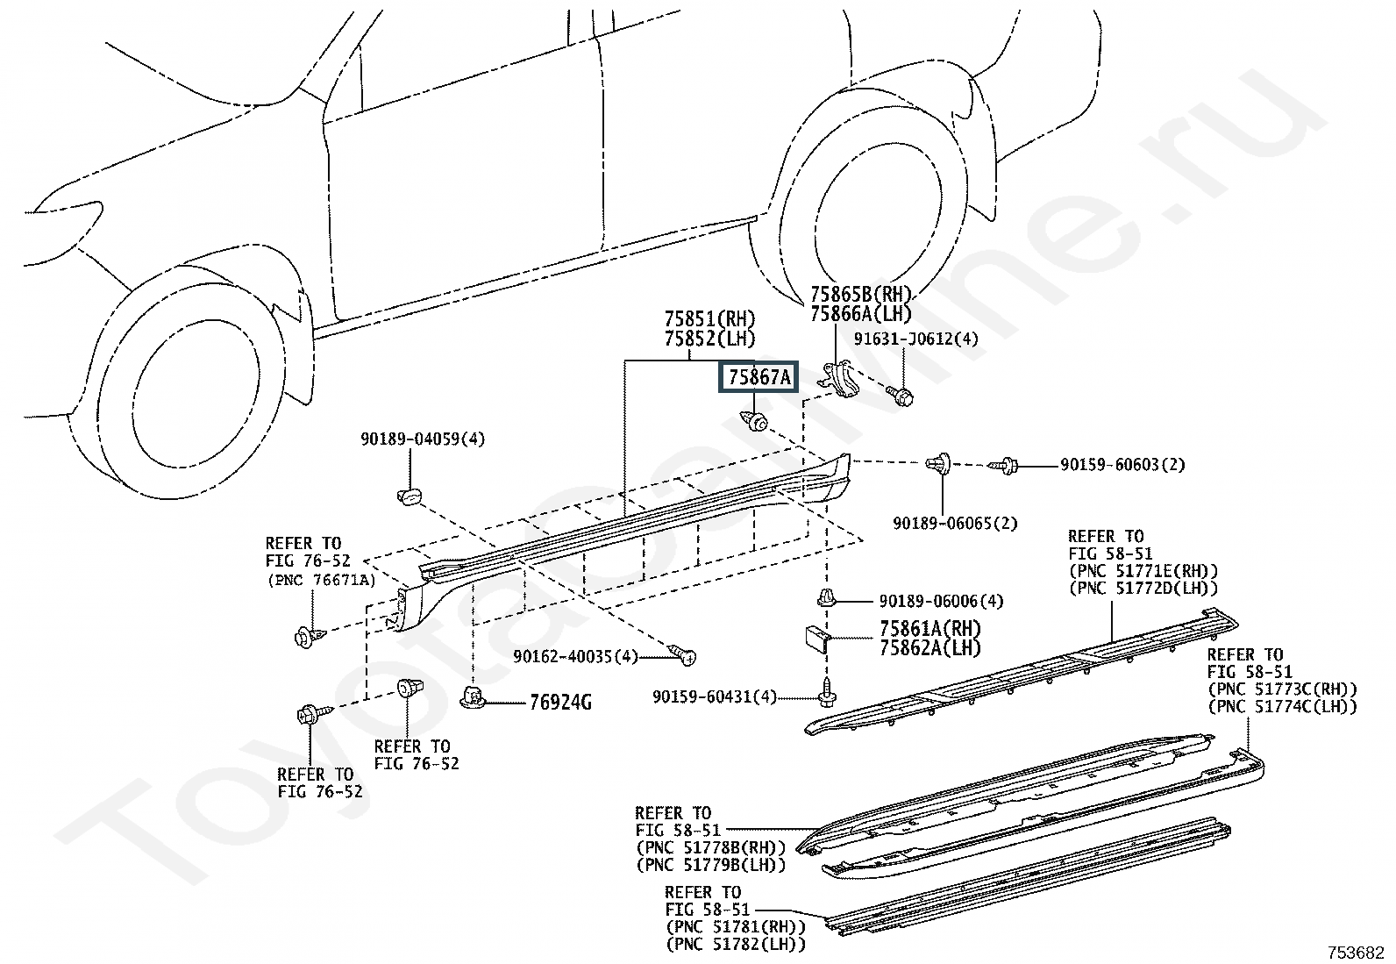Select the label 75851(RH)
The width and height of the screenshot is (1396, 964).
[x=709, y=319]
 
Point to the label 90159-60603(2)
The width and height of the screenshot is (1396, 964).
[x=1122, y=465]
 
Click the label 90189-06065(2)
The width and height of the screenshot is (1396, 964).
[x=955, y=524]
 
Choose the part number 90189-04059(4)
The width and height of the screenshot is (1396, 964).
[x=422, y=439]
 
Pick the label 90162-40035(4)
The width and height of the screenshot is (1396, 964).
[x=576, y=656]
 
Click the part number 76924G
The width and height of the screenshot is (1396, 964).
[x=559, y=703]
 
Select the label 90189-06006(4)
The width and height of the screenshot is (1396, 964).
[x=941, y=602]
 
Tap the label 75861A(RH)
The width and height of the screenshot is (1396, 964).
[x=930, y=629]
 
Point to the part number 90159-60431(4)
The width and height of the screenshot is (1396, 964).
[x=715, y=696]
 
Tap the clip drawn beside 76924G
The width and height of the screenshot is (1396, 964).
[x=472, y=699]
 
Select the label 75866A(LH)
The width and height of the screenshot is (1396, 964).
[x=860, y=314]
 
